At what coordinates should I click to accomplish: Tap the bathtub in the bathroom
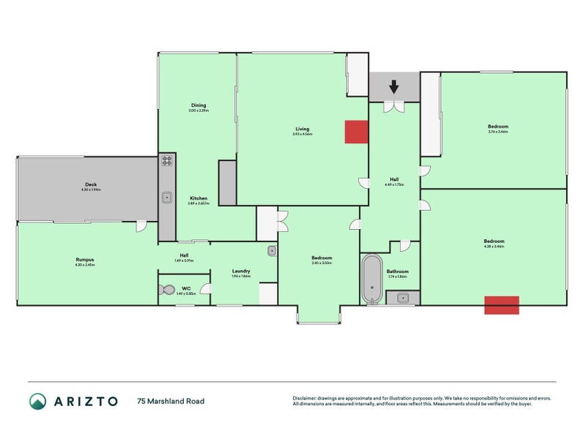(372, 279)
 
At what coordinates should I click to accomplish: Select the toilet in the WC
(168, 290)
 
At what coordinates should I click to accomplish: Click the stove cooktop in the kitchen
(167, 161)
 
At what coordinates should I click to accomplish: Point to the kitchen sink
(167, 196)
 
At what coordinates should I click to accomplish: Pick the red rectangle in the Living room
(357, 132)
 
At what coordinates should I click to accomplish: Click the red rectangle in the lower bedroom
(502, 305)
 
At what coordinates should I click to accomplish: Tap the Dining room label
(199, 105)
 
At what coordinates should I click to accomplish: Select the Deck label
(91, 184)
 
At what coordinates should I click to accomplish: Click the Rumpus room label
(86, 259)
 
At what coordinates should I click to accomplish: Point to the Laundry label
(241, 271)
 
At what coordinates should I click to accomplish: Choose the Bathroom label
(398, 271)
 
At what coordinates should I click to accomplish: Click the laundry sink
(271, 251)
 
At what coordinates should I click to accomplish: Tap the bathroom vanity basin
(402, 298)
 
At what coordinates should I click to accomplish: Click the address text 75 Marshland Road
(171, 401)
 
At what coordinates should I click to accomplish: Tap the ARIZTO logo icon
(37, 401)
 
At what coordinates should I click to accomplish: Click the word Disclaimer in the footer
(306, 398)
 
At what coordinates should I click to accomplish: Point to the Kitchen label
(199, 198)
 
